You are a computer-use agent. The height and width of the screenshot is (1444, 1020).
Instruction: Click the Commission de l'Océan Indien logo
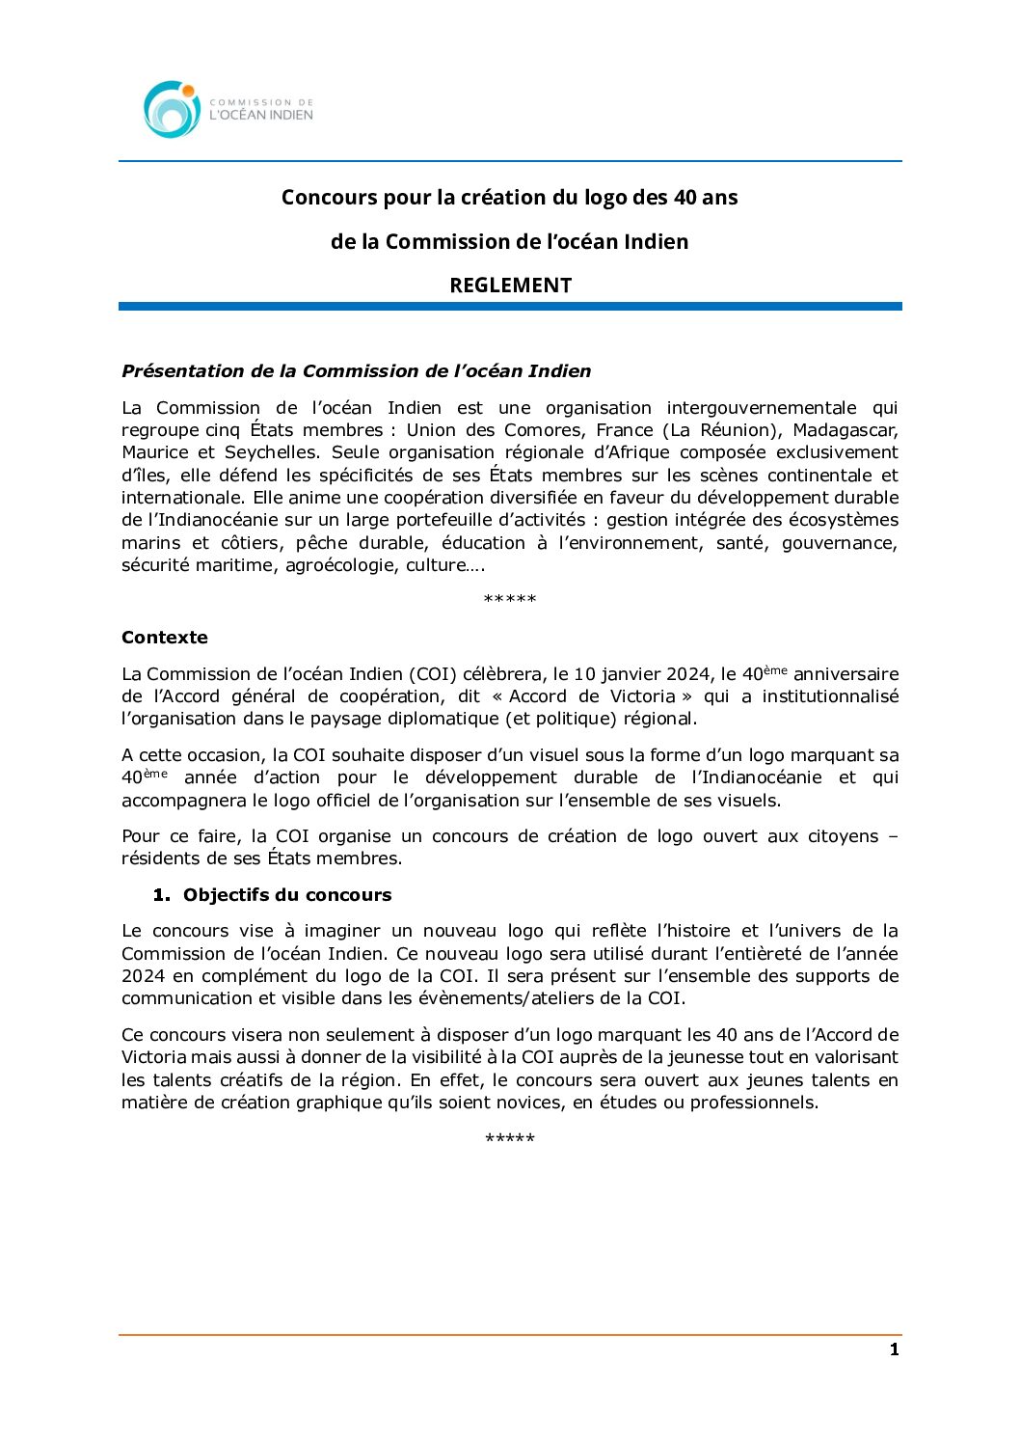tap(228, 109)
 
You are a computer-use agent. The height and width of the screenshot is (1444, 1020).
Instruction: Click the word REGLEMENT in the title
tap(510, 286)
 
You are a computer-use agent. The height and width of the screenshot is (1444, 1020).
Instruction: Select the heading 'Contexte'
tap(165, 638)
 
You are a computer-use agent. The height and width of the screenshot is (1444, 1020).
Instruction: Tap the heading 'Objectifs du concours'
tap(287, 895)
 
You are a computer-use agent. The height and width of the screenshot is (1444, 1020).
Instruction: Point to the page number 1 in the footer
tap(894, 1349)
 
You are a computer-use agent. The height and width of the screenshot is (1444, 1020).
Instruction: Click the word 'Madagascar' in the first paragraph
tap(846, 430)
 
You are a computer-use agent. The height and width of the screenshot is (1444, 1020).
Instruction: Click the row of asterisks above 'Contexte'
tap(509, 600)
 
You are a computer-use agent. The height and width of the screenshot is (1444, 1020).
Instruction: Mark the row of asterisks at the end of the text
tap(509, 1139)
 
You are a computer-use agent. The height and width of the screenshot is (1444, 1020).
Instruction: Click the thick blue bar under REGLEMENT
tap(510, 307)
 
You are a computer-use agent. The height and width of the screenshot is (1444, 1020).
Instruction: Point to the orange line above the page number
tap(510, 1335)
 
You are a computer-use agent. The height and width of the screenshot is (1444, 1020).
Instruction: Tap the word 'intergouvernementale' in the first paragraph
tap(761, 408)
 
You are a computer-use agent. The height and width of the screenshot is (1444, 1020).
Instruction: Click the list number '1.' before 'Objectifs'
tap(161, 895)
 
